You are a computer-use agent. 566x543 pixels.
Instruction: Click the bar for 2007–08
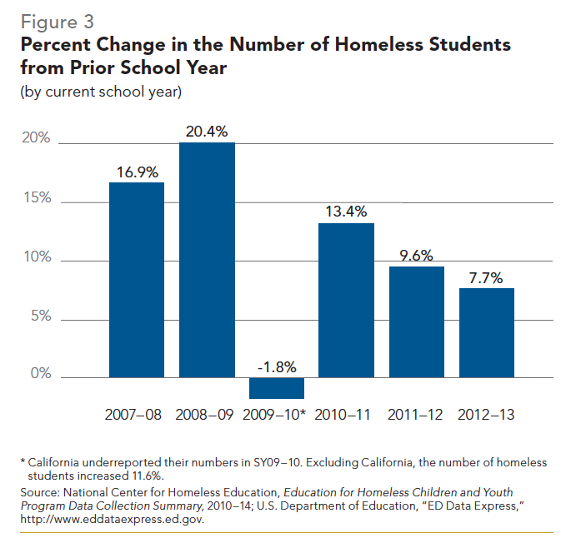tap(137, 279)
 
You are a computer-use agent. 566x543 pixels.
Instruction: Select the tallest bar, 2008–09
tap(207, 260)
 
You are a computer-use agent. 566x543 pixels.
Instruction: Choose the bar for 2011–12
tap(417, 321)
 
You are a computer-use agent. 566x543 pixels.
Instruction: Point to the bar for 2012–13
tap(487, 332)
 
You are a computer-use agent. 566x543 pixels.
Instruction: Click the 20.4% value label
tap(207, 132)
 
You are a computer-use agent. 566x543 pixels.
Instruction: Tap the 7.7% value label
tap(486, 278)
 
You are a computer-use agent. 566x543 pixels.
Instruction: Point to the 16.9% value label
tap(137, 172)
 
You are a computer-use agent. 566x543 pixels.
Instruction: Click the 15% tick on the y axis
tap(36, 199)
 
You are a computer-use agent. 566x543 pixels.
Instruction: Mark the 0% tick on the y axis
tap(40, 375)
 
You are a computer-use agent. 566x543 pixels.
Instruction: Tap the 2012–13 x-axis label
tap(487, 415)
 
